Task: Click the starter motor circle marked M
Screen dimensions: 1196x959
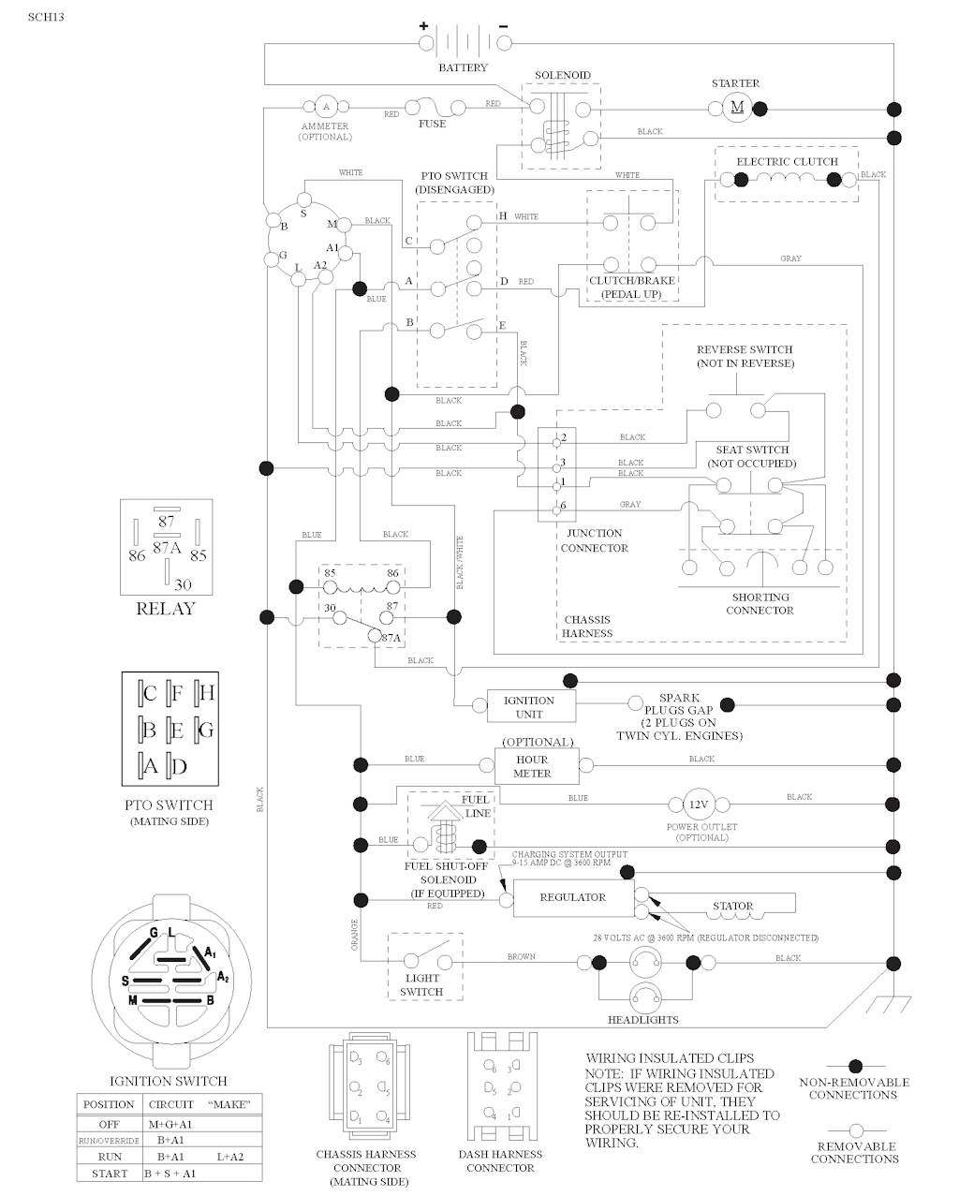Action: coord(737,108)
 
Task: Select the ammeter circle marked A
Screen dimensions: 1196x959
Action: coord(326,107)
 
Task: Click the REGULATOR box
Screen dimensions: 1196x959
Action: coord(573,897)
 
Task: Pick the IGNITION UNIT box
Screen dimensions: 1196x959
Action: coord(529,707)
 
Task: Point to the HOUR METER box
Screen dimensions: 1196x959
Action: coord(532,766)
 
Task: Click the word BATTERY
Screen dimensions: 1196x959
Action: coord(463,68)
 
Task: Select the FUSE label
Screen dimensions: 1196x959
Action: coord(432,124)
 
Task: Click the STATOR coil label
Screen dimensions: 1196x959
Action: coord(732,906)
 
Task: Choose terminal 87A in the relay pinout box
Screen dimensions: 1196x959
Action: coord(167,548)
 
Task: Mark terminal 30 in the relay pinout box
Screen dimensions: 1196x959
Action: coord(183,585)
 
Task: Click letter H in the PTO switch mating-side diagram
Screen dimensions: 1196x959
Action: coord(206,693)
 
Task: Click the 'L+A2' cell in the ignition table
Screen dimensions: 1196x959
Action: coord(229,1157)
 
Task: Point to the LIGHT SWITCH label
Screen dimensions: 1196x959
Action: coord(420,985)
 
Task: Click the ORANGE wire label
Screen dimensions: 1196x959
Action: coord(355,935)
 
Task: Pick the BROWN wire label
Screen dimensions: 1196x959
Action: coord(521,957)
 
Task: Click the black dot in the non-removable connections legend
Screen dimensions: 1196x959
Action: coord(854,1066)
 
